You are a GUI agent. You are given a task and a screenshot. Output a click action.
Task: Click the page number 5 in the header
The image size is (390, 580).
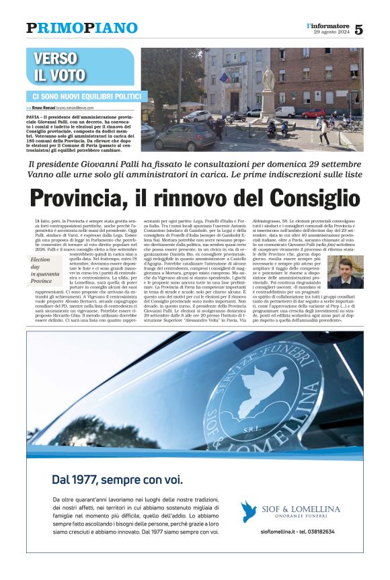click(x=358, y=29)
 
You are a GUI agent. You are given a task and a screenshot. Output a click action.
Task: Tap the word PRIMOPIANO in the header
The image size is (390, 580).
click(x=82, y=28)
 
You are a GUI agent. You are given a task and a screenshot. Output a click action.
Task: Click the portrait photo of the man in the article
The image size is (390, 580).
click(x=345, y=272)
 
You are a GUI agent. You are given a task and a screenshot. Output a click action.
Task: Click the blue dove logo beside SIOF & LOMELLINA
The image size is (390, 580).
click(x=249, y=511)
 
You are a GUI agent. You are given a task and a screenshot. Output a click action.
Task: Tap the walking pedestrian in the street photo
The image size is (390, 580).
click(x=324, y=131)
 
